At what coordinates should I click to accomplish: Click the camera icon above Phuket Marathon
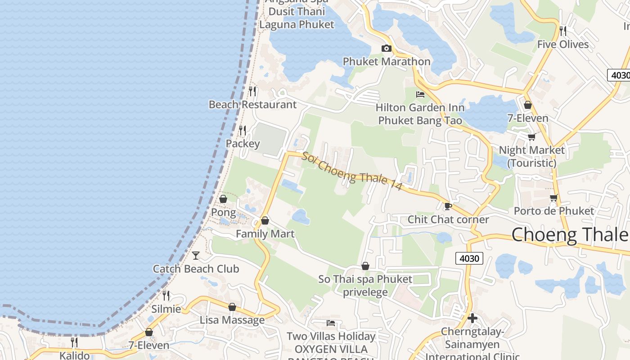[x=386, y=49]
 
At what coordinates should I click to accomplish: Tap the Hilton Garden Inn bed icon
[x=420, y=94]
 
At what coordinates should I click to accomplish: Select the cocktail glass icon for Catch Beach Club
[x=196, y=256]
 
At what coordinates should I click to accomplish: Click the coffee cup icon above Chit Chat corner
[x=448, y=207]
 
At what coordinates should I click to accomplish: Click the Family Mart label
[x=265, y=234]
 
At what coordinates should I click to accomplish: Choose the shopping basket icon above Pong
[x=223, y=199]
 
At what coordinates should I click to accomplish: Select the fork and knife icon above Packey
[x=243, y=130]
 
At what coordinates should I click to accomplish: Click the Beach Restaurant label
[x=252, y=105]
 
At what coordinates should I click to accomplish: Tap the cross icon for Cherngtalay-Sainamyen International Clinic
[x=472, y=318]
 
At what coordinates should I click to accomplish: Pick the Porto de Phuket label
[x=554, y=211]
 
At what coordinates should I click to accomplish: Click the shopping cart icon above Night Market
[x=531, y=137]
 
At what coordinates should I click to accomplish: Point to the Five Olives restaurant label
[x=563, y=44]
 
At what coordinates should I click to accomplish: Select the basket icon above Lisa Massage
[x=232, y=307]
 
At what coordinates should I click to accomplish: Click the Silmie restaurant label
[x=166, y=309]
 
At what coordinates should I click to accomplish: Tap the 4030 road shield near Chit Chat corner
[x=469, y=258]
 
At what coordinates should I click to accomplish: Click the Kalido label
[x=75, y=355]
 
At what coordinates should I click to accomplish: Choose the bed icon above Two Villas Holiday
[x=331, y=323]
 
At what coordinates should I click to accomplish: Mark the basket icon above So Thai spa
[x=365, y=266]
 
